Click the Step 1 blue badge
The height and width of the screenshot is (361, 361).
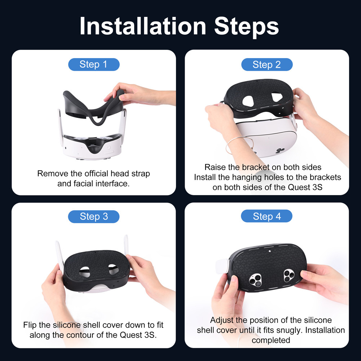pos(93,65)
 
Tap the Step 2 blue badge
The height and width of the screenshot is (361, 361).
pos(267,65)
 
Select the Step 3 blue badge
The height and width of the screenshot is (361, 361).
pos(93,216)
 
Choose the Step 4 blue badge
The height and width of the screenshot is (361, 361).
pos(267,216)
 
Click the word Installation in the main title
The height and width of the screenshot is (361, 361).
pos(143,26)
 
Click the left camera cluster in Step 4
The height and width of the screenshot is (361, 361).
pos(256,279)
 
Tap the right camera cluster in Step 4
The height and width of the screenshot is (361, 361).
pos(290,276)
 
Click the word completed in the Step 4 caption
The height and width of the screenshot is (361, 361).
pos(271,340)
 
